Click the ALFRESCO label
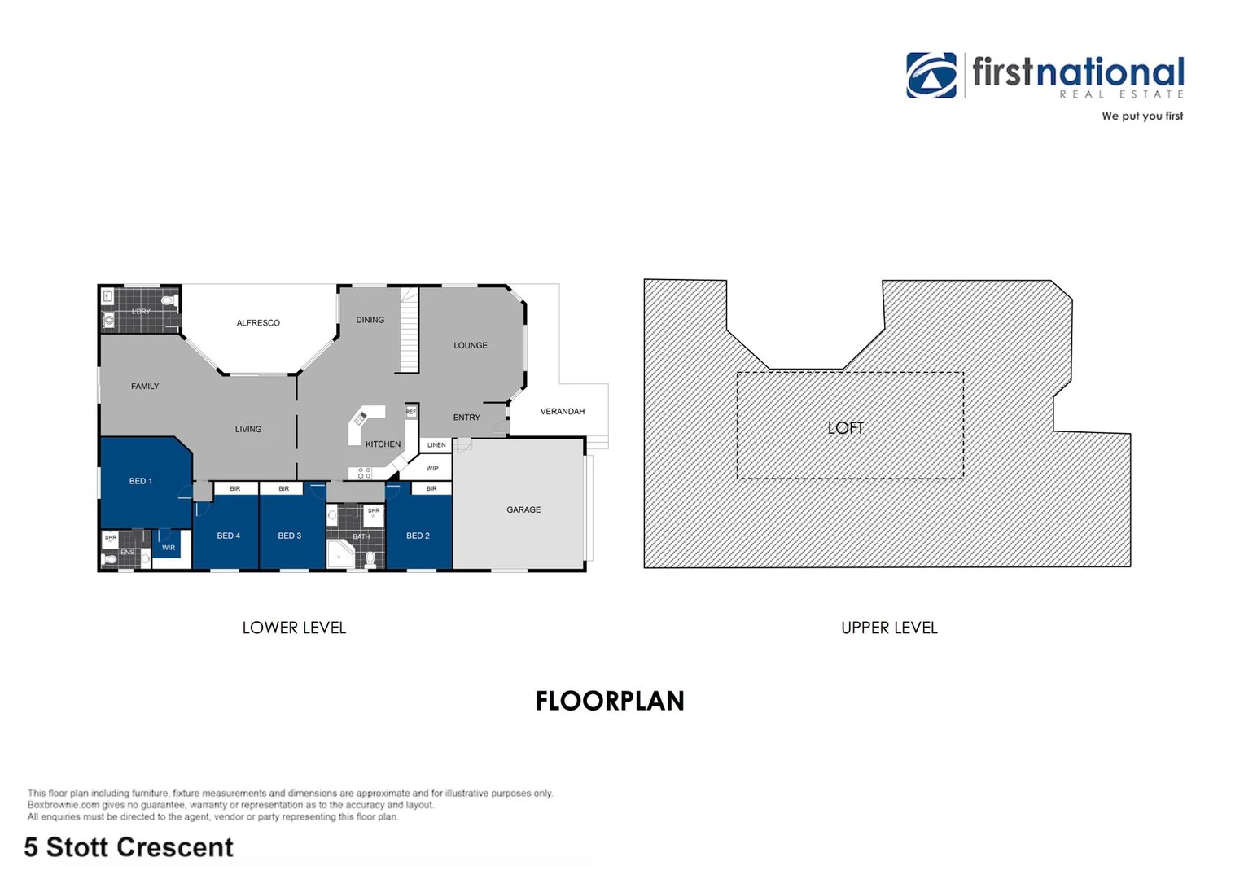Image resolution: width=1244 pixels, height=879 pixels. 258,323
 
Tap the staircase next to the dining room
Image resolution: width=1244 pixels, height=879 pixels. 409,332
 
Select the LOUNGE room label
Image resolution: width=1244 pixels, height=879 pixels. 471,346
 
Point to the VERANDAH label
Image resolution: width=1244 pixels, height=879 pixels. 563,412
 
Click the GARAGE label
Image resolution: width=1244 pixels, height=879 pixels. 523,510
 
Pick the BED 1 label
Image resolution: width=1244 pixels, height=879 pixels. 141,482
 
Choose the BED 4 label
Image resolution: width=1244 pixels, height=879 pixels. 229,536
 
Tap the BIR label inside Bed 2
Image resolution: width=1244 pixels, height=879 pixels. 431,489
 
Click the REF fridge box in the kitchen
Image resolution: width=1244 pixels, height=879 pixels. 411,413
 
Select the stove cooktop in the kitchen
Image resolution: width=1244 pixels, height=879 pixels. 364,473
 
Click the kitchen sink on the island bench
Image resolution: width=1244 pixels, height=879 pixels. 360,418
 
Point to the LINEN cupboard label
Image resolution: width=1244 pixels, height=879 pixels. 436,445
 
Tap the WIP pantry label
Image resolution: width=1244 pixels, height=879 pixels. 432,469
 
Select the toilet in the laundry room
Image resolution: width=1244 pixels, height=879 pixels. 169,300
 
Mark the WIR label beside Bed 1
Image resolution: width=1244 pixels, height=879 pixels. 169,549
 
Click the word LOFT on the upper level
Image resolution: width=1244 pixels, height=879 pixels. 845,428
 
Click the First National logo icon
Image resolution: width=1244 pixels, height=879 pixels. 931,76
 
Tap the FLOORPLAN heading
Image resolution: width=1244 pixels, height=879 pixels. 610,702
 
